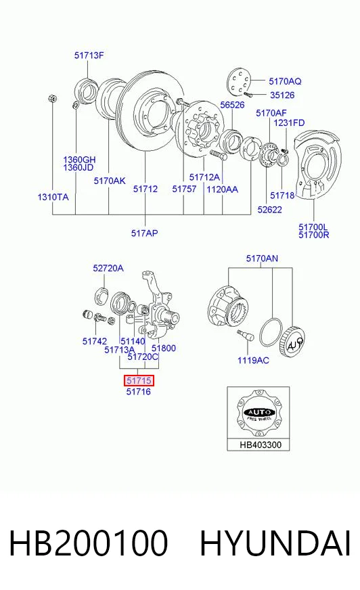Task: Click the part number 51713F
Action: coord(89,55)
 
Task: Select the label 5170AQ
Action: coord(285,81)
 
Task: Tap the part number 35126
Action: coord(282,95)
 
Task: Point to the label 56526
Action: coord(232,105)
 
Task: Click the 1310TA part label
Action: coord(53,197)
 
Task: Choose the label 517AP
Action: coord(144,233)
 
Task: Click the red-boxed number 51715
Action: coord(139,381)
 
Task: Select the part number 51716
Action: coord(139,392)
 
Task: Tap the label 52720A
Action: coord(108,269)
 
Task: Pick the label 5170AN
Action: coord(262,258)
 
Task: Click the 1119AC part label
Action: coord(253,361)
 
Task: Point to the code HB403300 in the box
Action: coord(261,445)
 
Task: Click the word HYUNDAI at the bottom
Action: coord(275,543)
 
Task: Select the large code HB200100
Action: coord(89,543)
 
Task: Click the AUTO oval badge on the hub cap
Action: coord(260,412)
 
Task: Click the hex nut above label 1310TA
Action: coord(53,99)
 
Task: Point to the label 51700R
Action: coord(314,235)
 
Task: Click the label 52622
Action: coord(270,210)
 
